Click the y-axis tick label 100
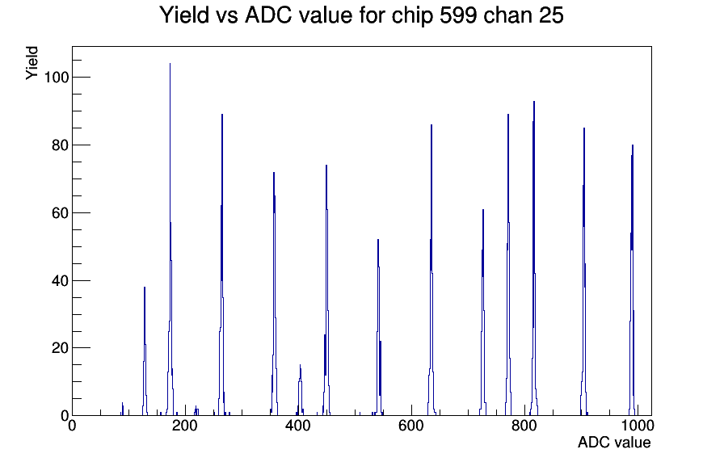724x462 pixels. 56,78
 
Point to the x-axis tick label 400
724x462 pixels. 298,426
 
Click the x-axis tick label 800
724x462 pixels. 524,426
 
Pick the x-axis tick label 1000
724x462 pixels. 638,426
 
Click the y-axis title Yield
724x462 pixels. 32,63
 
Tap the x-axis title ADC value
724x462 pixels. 614,443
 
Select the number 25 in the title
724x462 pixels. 550,15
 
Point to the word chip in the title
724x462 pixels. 411,16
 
